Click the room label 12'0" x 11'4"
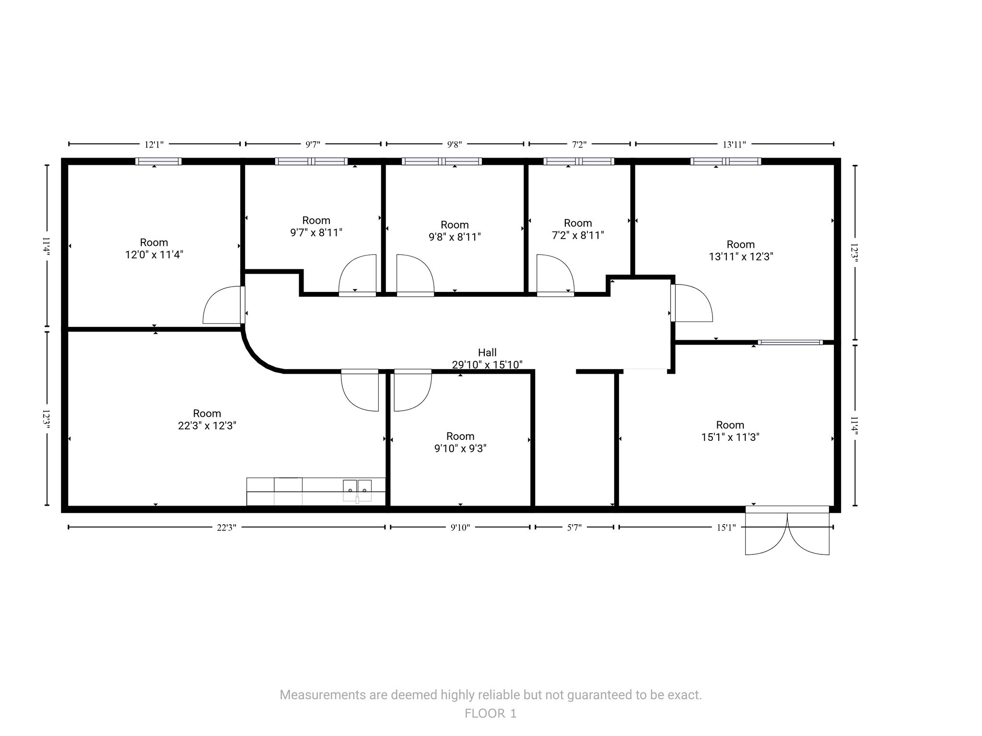pyautogui.click(x=154, y=249)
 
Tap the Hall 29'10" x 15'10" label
pyautogui.click(x=487, y=358)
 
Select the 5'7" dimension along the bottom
pyautogui.click(x=574, y=528)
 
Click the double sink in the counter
pyautogui.click(x=357, y=490)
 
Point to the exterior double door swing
pyautogui.click(x=787, y=532)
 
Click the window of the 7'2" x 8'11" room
pyautogui.click(x=579, y=161)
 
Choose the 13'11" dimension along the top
pyautogui.click(x=734, y=144)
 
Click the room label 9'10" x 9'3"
pyautogui.click(x=460, y=442)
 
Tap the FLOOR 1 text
pyautogui.click(x=491, y=713)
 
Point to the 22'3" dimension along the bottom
pyautogui.click(x=226, y=528)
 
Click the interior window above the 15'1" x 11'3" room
pyautogui.click(x=790, y=342)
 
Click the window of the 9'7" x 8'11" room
pyautogui.click(x=311, y=161)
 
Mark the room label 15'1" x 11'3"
pyautogui.click(x=730, y=431)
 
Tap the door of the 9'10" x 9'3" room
pyautogui.click(x=412, y=391)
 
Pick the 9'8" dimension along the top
pyautogui.click(x=454, y=144)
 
